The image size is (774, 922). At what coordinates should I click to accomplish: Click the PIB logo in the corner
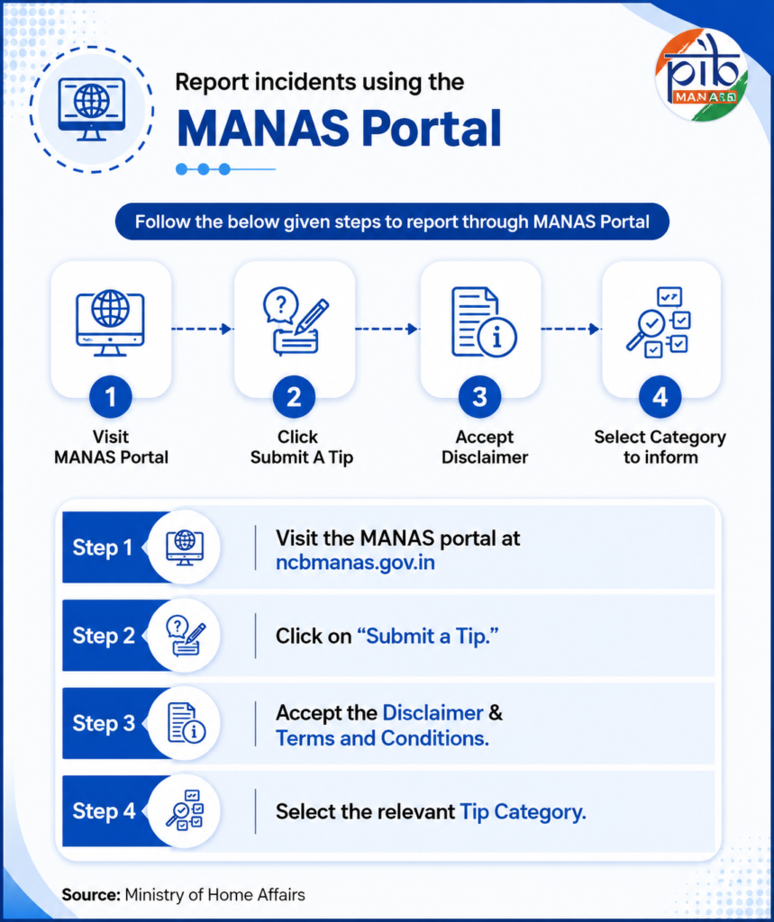702,76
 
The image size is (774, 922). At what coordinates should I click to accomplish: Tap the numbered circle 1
111,397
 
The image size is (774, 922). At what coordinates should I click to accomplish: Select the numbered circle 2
294,397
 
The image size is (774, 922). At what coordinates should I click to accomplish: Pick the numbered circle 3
479,397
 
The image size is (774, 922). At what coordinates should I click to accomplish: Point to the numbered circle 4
660,397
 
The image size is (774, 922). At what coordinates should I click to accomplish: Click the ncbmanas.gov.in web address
356,563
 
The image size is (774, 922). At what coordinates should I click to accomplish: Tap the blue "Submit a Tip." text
428,636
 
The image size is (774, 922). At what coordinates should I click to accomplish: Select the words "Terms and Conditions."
383,738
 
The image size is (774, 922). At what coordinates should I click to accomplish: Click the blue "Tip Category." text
523,812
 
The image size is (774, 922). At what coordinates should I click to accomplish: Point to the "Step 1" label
103,547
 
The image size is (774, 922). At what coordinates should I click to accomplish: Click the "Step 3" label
104,723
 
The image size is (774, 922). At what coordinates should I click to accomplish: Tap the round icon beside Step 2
184,636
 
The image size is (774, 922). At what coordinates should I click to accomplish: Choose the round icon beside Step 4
184,811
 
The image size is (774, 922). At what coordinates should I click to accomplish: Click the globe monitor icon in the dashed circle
91,109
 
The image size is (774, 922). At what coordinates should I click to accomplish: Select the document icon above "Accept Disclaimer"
484,321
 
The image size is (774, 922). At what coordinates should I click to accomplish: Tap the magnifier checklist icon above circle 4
659,322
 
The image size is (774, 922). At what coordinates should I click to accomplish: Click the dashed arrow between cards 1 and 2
201,329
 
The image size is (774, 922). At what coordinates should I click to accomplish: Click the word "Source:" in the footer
91,895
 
